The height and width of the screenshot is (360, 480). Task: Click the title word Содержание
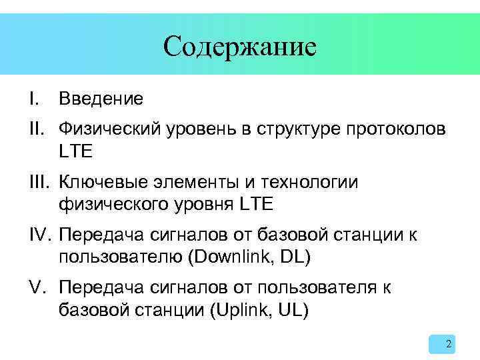(x=239, y=47)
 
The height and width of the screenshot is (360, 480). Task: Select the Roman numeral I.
(x=33, y=99)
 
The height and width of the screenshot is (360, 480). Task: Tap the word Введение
(x=101, y=99)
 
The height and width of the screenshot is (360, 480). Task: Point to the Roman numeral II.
(x=36, y=128)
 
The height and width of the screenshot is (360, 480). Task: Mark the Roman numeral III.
(x=39, y=182)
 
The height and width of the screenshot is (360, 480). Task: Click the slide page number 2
(x=448, y=344)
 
